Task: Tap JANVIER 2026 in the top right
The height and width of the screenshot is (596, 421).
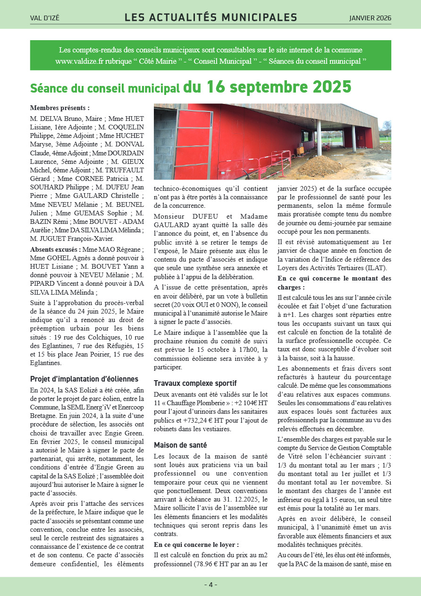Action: tap(370, 18)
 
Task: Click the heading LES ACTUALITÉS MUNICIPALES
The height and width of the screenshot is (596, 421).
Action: tap(210, 18)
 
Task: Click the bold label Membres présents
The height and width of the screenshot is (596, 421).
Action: tap(59, 108)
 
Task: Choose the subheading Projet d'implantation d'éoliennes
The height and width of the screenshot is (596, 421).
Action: tap(84, 379)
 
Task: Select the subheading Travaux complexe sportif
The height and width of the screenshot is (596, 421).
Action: tap(195, 383)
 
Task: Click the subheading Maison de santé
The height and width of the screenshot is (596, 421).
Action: tap(180, 445)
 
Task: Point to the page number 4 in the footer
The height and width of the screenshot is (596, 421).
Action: tap(210, 585)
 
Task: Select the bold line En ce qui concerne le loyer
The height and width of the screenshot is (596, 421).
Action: tap(196, 545)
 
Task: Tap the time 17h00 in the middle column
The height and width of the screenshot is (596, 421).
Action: tap(251, 349)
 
